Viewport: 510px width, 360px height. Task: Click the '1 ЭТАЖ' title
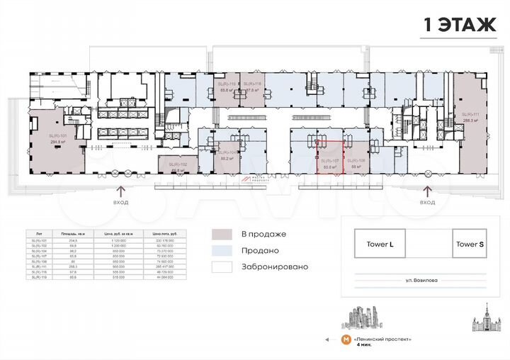pyautogui.click(x=460, y=26)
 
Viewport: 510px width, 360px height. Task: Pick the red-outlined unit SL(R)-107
pyautogui.click(x=330, y=165)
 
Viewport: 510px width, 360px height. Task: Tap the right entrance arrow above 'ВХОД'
pyautogui.click(x=427, y=190)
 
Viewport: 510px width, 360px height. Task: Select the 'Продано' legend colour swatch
pyautogui.click(x=222, y=251)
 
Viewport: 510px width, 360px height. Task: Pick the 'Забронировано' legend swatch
pyautogui.click(x=222, y=267)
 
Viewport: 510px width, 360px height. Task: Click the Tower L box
pyautogui.click(x=385, y=244)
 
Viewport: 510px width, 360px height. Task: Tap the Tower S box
pyautogui.click(x=470, y=244)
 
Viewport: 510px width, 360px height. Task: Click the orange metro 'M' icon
pyautogui.click(x=345, y=340)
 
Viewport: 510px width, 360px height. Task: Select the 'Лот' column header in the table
pyautogui.click(x=40, y=233)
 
